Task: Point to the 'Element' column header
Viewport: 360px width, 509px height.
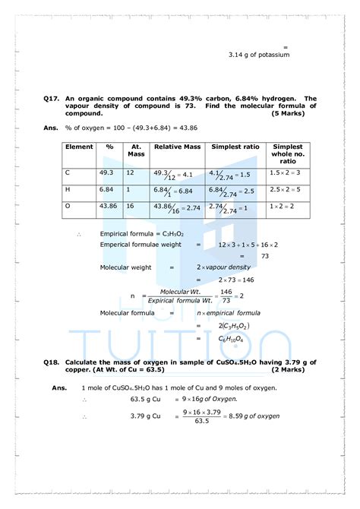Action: [x=79, y=147]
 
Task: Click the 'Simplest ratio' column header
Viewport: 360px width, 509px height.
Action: [x=227, y=147]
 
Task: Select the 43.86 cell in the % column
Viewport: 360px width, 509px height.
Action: [x=112, y=206]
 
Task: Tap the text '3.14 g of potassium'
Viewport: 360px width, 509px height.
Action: [x=259, y=55]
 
